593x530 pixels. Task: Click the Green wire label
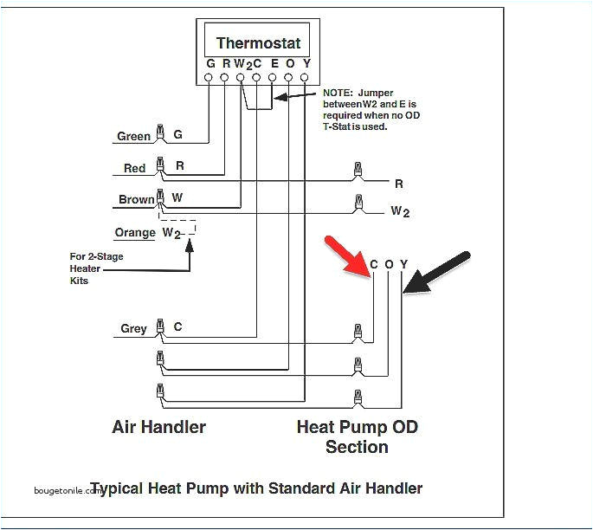pyautogui.click(x=134, y=136)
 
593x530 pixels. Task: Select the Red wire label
pyautogui.click(x=134, y=168)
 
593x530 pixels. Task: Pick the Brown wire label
pyautogui.click(x=136, y=199)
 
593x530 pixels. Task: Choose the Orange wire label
pyautogui.click(x=135, y=232)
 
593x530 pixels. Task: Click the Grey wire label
pyautogui.click(x=133, y=328)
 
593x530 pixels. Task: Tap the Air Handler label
pyautogui.click(x=158, y=427)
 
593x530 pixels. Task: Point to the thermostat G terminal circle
pyautogui.click(x=209, y=77)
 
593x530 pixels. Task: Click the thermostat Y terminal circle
pyautogui.click(x=305, y=77)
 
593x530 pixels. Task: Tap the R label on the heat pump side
pyautogui.click(x=399, y=184)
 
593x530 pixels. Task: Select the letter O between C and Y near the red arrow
pyautogui.click(x=389, y=264)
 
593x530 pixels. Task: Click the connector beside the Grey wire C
pyautogui.click(x=159, y=327)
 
